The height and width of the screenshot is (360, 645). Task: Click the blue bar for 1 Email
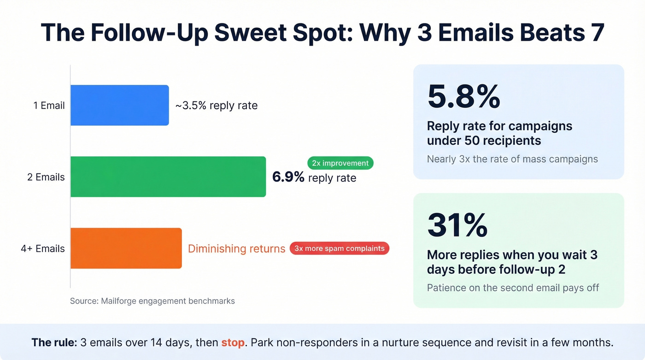[119, 105]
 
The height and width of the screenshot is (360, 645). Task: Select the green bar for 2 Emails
[168, 177]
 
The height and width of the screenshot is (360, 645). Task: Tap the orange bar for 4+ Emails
[126, 248]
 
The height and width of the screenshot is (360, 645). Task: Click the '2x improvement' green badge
[340, 163]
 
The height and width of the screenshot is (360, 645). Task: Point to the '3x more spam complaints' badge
[340, 248]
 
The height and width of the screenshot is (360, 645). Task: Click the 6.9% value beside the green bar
[288, 177]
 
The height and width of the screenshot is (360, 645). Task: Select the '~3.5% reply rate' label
[216, 106]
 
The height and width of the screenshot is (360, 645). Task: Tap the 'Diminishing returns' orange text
[236, 248]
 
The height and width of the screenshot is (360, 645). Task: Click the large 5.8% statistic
[463, 96]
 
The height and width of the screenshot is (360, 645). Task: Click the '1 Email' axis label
[49, 106]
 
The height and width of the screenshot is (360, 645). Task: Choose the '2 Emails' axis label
[46, 177]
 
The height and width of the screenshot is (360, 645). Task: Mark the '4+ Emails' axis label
[42, 248]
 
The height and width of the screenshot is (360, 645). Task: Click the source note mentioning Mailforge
[152, 301]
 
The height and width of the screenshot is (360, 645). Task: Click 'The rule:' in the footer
[54, 343]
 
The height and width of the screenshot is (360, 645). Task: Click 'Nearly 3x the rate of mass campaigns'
[512, 159]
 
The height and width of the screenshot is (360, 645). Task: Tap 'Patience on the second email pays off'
[513, 288]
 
